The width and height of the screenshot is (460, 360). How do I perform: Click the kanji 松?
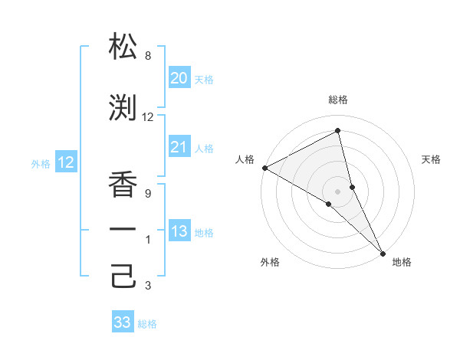pos(123,47)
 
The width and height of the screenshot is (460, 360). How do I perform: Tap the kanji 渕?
pos(123,108)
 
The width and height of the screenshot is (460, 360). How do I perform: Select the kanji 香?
pos(123,185)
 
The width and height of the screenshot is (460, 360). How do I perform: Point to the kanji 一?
pos(123,231)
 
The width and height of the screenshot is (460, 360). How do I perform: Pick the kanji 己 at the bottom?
pos(123,277)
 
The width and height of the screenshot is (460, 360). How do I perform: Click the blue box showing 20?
pos(179,77)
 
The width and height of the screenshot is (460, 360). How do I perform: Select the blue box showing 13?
pos(179,231)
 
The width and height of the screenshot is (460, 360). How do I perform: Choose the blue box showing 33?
pos(123,322)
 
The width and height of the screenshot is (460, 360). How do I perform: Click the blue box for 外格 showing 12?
pos(66,162)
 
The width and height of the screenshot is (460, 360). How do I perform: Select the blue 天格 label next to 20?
pos(203,79)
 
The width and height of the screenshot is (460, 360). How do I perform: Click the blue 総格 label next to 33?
pos(147,323)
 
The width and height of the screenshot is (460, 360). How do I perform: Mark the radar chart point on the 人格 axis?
pos(264,168)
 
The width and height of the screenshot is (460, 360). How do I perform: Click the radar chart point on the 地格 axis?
pos(383,252)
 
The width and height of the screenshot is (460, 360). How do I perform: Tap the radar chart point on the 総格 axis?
pos(337,131)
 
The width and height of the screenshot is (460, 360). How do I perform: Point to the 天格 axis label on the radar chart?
pos(432,159)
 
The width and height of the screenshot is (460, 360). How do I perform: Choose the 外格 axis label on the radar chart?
pos(270,262)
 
